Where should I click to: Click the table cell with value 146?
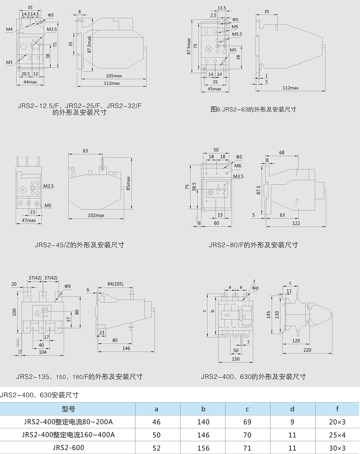pos(203,435)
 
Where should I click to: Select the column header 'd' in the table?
pos(292,409)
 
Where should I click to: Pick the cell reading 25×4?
pos(337,435)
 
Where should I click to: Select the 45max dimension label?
pos(214,89)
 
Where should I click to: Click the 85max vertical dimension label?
pos(129,183)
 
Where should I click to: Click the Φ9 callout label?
pos(68,287)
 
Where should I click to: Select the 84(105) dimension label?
pos(116,284)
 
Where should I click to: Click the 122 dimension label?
pos(296,223)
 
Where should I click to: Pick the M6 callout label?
pos(237,166)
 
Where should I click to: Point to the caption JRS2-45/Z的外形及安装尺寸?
pos(79,245)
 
